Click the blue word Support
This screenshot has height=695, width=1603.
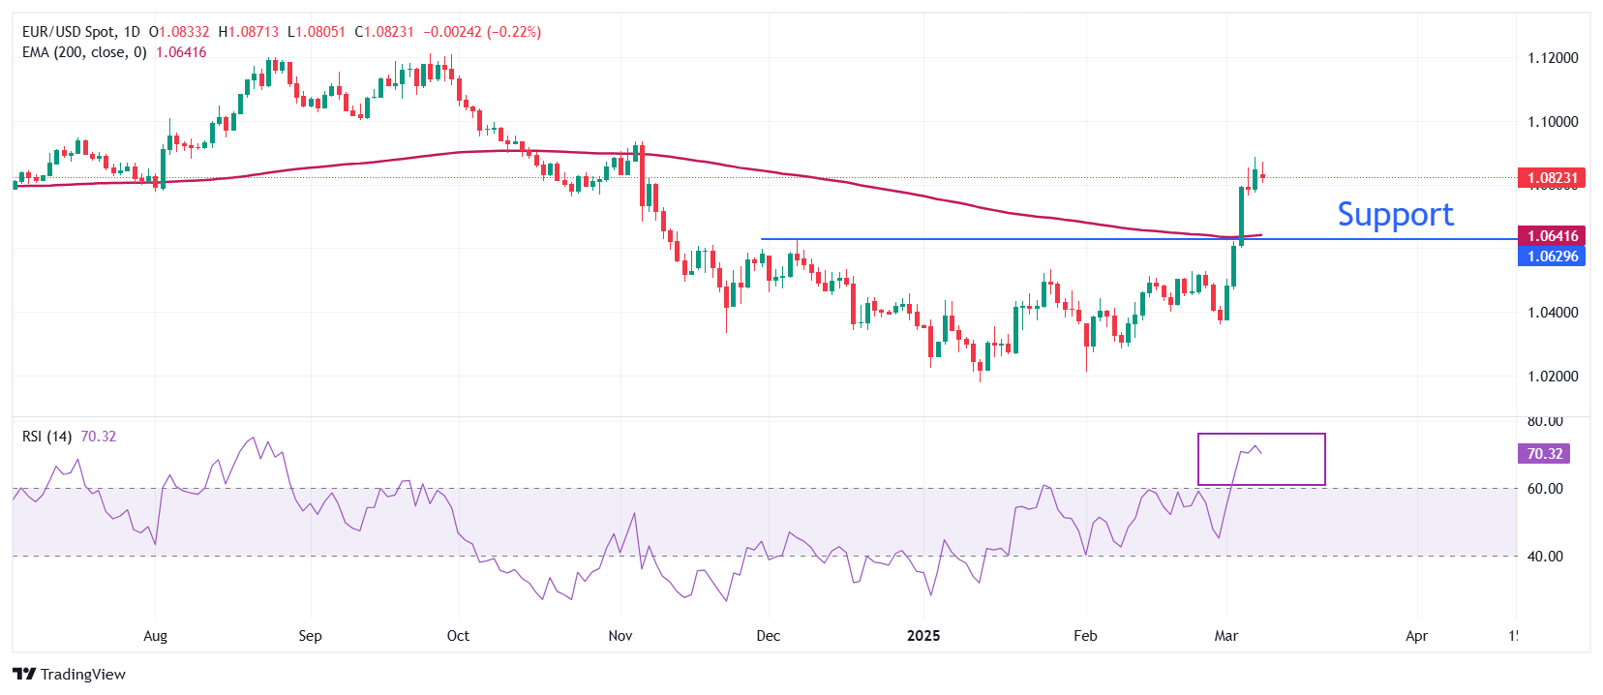coord(1395,215)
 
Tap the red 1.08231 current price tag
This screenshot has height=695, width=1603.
coord(1552,178)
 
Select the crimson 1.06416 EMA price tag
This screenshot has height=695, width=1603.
coord(1552,236)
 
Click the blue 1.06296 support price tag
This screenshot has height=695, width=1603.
coord(1552,257)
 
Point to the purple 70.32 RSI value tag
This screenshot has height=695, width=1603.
coord(1544,454)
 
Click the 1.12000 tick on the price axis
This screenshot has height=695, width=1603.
coord(1553,58)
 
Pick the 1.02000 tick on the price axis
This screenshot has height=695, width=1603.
coord(1553,377)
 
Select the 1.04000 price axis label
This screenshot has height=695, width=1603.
coord(1553,313)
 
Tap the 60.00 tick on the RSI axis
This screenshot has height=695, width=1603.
coord(1545,489)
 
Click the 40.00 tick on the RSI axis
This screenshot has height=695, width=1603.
coord(1545,557)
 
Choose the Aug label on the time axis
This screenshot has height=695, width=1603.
coord(155,636)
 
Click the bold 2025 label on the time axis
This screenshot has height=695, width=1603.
coord(923,636)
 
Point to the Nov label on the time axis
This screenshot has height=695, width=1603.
coord(620,636)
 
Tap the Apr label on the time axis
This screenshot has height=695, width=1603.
coord(1416,636)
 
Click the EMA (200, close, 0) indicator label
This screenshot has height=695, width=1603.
coord(84,52)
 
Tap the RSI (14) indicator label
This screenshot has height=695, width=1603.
coord(46,437)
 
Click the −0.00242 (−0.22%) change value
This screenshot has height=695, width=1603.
coord(482,32)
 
